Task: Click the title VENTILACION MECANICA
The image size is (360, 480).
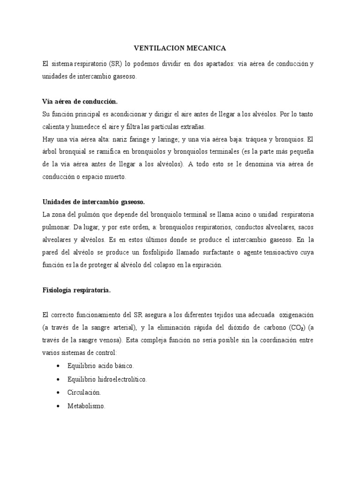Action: click(180, 48)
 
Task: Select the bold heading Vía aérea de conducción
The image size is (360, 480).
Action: click(80, 101)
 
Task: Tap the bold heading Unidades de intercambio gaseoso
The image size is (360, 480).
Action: click(93, 202)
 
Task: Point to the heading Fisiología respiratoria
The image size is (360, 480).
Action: click(76, 290)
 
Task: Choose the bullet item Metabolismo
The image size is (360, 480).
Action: click(86, 406)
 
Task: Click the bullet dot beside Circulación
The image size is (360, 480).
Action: click(57, 392)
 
